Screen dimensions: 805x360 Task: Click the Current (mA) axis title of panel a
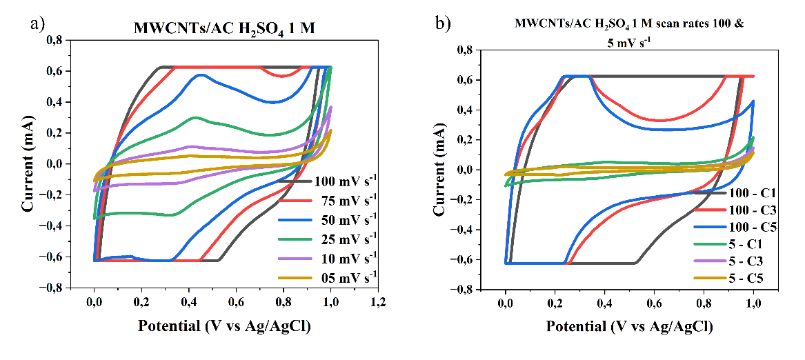(x=29, y=163)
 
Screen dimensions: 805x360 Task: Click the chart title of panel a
(x=223, y=29)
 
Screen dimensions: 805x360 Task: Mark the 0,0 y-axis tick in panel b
(x=464, y=170)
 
